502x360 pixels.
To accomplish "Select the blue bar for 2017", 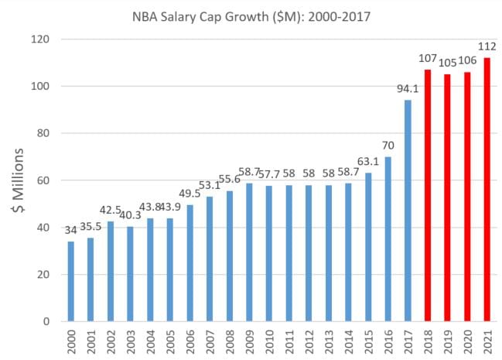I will coord(408,210).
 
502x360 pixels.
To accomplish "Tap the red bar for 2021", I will coord(487,189).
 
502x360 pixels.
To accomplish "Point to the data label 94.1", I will coord(408,91).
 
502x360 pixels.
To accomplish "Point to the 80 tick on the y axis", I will coord(46,133).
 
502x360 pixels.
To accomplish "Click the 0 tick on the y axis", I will coord(49,321).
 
